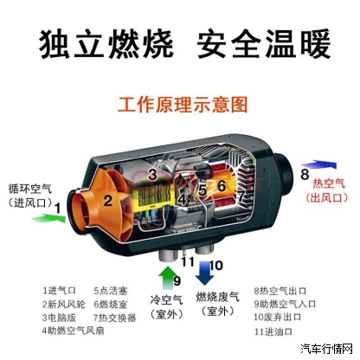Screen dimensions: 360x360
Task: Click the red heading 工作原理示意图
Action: [x=183, y=104]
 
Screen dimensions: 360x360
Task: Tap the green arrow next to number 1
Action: [x=48, y=218]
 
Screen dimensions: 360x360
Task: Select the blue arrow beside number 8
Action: [x=318, y=164]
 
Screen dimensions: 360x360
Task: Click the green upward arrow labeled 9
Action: [x=166, y=278]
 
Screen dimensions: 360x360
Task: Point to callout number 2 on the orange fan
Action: [x=107, y=201]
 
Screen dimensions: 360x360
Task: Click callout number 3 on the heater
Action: [x=152, y=175]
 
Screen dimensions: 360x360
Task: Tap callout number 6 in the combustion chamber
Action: [x=222, y=186]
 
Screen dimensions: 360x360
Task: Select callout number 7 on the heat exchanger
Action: [x=241, y=196]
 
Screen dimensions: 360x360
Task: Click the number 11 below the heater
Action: [x=188, y=261]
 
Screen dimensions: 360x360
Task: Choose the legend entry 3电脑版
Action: [x=59, y=318]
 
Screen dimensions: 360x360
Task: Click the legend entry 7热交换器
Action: [x=114, y=318]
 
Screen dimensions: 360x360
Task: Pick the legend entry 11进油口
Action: [x=273, y=331]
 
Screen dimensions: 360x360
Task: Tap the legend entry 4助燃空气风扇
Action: [x=73, y=331]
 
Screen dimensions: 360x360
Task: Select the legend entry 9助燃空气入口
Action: [x=285, y=304]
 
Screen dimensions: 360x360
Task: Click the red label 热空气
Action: [x=329, y=183]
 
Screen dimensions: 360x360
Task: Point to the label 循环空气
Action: [x=30, y=189]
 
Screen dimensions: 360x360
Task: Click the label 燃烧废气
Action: [x=218, y=297]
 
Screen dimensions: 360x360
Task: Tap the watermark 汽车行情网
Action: [x=327, y=350]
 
